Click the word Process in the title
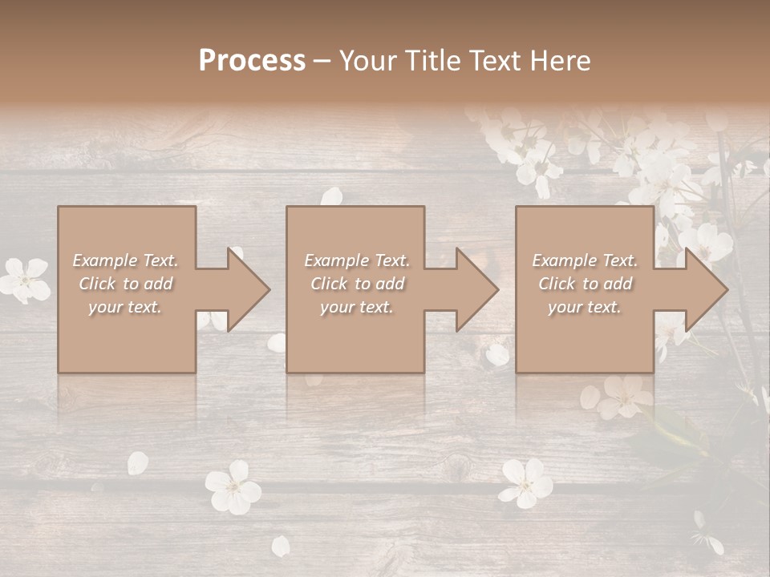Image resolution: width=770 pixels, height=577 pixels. [252, 61]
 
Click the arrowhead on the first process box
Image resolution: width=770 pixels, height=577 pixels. [245, 289]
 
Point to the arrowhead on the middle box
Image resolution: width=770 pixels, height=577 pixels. [473, 289]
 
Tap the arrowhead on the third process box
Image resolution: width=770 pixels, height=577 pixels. [703, 289]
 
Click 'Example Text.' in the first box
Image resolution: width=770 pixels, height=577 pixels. [125, 260]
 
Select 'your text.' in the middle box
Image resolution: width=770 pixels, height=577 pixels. [356, 307]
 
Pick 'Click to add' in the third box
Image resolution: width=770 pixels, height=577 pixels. [586, 284]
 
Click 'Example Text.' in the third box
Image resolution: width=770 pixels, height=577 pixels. [586, 260]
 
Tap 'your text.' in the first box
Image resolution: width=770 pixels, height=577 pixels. [125, 307]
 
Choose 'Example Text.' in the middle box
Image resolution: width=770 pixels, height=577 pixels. [356, 260]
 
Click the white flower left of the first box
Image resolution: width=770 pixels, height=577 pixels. [25, 278]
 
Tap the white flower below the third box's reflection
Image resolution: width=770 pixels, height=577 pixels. [526, 482]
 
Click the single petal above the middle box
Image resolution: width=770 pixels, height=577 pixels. [332, 196]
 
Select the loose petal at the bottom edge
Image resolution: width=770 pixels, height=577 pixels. [281, 546]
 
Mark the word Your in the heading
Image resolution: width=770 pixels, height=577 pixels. [366, 61]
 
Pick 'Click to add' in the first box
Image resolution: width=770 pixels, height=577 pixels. [125, 284]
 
